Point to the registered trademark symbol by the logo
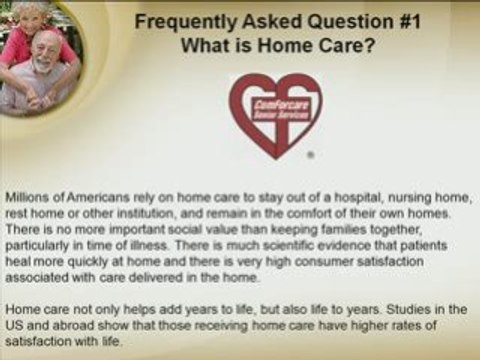pyautogui.click(x=311, y=156)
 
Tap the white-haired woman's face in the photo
pyautogui.click(x=38, y=20)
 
